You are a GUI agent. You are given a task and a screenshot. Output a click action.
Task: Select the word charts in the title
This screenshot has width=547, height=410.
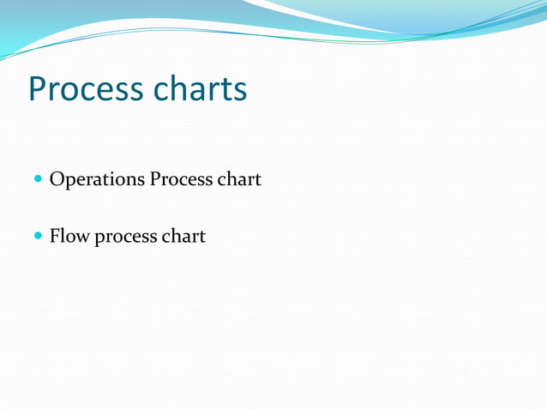pos(201,89)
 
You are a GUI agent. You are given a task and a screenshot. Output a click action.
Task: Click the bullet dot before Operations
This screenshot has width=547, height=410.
pos(39,181)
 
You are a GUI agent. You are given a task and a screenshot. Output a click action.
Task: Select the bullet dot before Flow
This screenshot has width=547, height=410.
pos(39,236)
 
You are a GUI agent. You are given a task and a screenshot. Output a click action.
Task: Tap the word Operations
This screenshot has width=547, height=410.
pos(97,181)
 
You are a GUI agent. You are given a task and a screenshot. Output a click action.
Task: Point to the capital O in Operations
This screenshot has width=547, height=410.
pos(57,180)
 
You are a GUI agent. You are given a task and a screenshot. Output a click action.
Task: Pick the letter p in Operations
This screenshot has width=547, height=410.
pos(69,184)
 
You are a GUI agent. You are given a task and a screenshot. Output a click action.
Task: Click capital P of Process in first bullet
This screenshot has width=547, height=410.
pos(155,180)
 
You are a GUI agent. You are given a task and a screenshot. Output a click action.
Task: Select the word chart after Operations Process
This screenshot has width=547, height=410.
pos(239,180)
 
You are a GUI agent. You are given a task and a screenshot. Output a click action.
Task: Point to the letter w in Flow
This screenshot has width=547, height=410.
pos(82,238)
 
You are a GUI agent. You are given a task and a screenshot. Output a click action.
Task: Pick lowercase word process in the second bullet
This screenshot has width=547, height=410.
pos(125,238)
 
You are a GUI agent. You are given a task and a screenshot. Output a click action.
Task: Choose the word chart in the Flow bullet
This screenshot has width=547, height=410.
pos(183,236)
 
